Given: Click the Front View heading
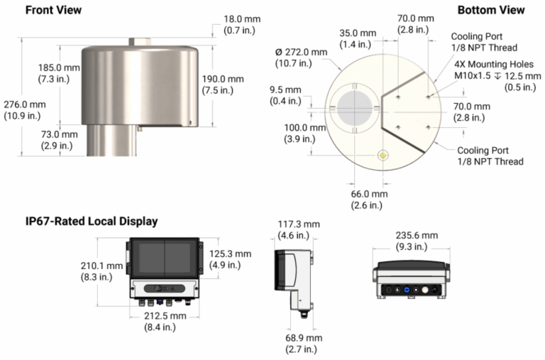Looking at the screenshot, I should click(53, 11).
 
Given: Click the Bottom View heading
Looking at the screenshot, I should click(491, 11).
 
